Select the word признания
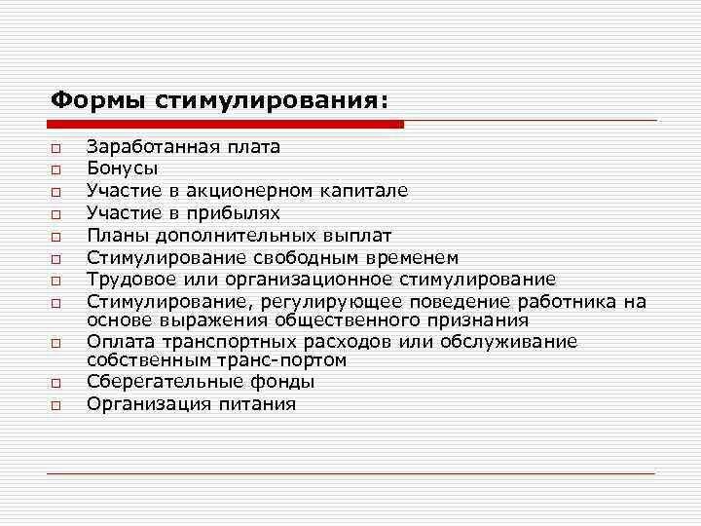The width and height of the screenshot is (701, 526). pyautogui.click(x=480, y=319)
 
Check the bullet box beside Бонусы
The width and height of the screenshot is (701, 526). pyautogui.click(x=57, y=169)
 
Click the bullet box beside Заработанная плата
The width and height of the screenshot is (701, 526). pyautogui.click(x=57, y=148)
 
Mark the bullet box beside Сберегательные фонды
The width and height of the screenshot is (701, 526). pyautogui.click(x=57, y=383)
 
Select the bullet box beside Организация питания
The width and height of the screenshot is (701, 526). pyautogui.click(x=57, y=404)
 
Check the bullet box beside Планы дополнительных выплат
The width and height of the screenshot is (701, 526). pyautogui.click(x=57, y=235)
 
